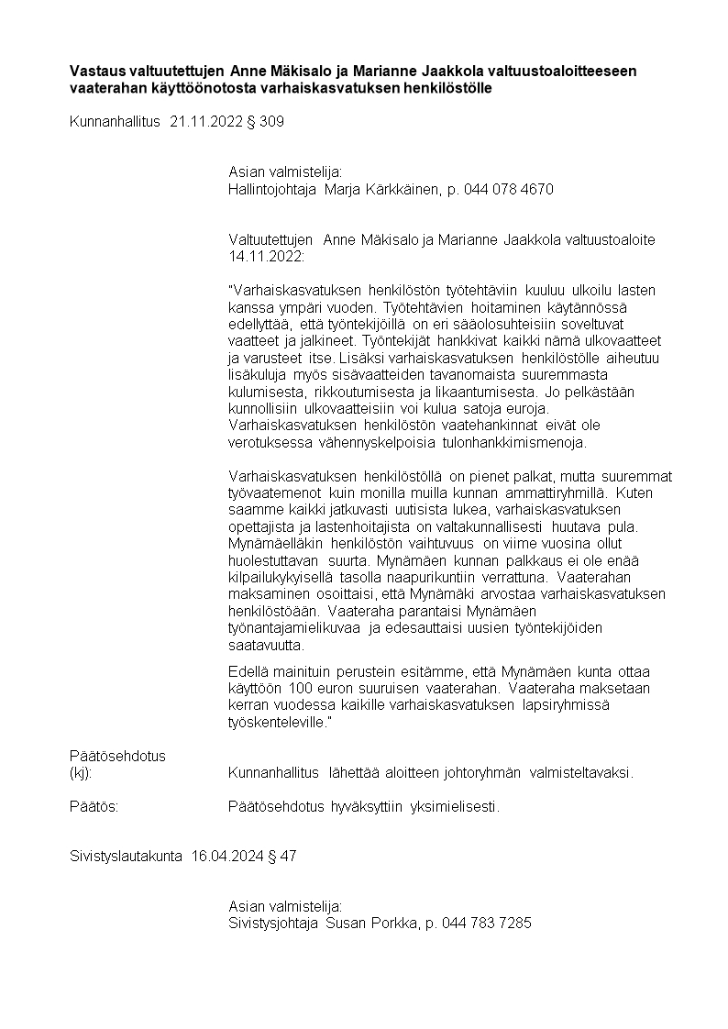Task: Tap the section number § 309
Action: pos(265,121)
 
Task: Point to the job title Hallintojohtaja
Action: pos(271,189)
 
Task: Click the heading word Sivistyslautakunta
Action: pos(127,856)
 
